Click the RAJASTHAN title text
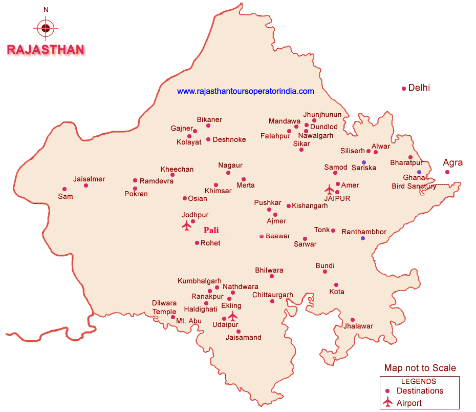(46, 50)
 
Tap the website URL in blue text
(245, 91)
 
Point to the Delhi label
(419, 88)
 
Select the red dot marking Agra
(447, 172)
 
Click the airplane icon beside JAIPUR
(330, 190)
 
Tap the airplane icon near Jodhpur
(186, 225)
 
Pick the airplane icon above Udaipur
(233, 316)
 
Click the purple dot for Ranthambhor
(363, 238)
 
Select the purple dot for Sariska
(364, 162)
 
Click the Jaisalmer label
(89, 179)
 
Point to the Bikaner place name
(209, 119)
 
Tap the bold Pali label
(211, 230)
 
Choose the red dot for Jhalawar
(352, 320)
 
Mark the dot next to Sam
(64, 189)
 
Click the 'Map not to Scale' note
(420, 368)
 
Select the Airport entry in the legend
(409, 403)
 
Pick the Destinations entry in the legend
(420, 391)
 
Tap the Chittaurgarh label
(273, 295)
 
